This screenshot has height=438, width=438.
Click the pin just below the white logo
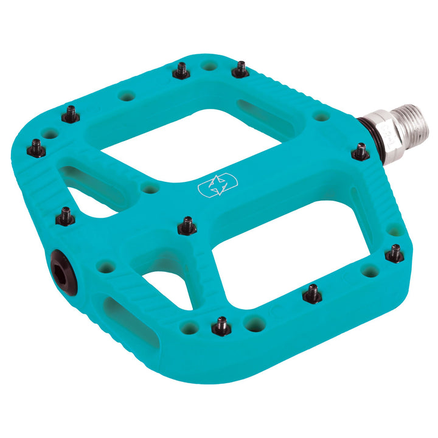(187, 227)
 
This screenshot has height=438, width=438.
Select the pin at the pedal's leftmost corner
(36, 148)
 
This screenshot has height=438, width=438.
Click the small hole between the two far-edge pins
(210, 65)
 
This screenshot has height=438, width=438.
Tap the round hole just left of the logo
(149, 189)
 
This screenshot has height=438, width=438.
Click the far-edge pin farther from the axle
(181, 72)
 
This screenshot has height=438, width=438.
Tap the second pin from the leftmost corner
(71, 114)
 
